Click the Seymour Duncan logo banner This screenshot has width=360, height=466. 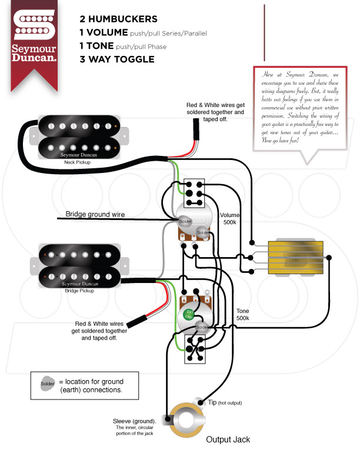[x=35, y=41]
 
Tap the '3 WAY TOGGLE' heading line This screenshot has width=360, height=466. [x=117, y=59]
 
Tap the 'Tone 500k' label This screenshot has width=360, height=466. [x=243, y=314]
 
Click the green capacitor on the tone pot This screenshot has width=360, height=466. [x=189, y=313]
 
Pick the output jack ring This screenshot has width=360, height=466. [x=186, y=420]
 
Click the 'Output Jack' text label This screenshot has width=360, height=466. [x=228, y=440]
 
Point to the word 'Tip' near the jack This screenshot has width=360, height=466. [x=212, y=402]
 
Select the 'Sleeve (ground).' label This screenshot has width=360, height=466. [x=135, y=421]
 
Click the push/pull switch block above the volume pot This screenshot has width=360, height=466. [x=194, y=193]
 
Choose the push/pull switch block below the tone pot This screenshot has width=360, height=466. [x=194, y=348]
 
